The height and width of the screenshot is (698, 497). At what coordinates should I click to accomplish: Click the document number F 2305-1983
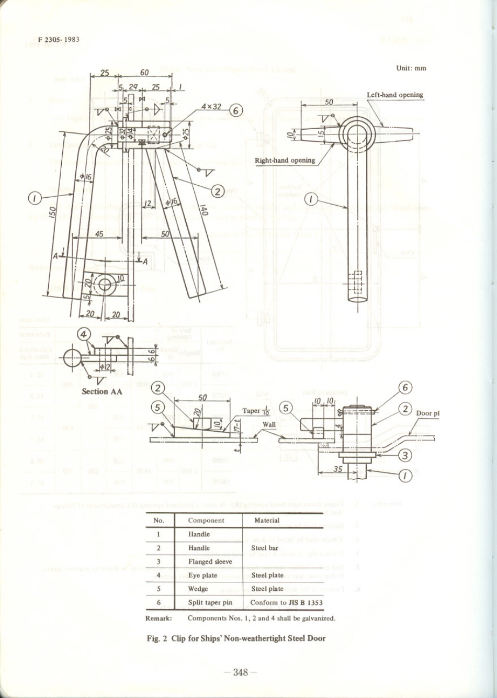pyautogui.click(x=59, y=40)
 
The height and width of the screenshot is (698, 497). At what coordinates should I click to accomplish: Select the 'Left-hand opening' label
pyautogui.click(x=394, y=95)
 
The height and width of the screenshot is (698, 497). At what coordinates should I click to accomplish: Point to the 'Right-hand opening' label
pyautogui.click(x=285, y=160)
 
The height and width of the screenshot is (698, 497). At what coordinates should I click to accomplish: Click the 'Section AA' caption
pyautogui.click(x=103, y=391)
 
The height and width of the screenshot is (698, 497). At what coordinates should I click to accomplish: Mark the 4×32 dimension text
pyautogui.click(x=211, y=107)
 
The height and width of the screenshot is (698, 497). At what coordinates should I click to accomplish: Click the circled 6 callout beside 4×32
pyautogui.click(x=236, y=110)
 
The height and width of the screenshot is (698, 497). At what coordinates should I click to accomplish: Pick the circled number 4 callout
pyautogui.click(x=84, y=334)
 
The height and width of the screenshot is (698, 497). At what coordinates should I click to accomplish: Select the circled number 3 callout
pyautogui.click(x=405, y=455)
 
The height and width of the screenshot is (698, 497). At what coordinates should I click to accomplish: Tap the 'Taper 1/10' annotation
pyautogui.click(x=256, y=411)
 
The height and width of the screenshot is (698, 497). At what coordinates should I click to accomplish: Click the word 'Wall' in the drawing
pyautogui.click(x=269, y=424)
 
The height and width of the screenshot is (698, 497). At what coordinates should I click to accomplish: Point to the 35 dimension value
pyautogui.click(x=338, y=469)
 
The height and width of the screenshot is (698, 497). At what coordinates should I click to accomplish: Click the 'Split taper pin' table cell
pyautogui.click(x=210, y=602)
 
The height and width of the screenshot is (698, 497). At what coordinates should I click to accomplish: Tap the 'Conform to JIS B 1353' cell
pyautogui.click(x=286, y=602)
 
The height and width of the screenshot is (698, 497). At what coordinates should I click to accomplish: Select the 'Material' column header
pyautogui.click(x=266, y=520)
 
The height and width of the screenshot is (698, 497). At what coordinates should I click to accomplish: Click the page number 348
pyautogui.click(x=240, y=672)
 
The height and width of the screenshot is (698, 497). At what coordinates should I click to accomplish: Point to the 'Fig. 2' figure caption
pyautogui.click(x=236, y=638)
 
